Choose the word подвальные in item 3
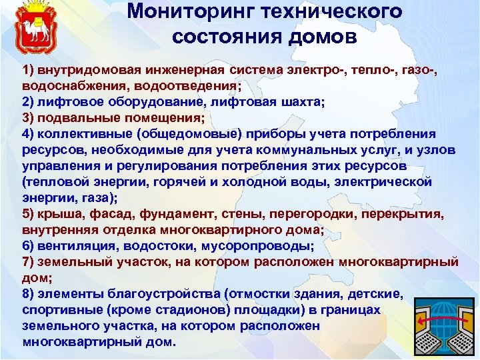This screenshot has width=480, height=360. point(73,119)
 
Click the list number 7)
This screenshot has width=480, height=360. point(29,262)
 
